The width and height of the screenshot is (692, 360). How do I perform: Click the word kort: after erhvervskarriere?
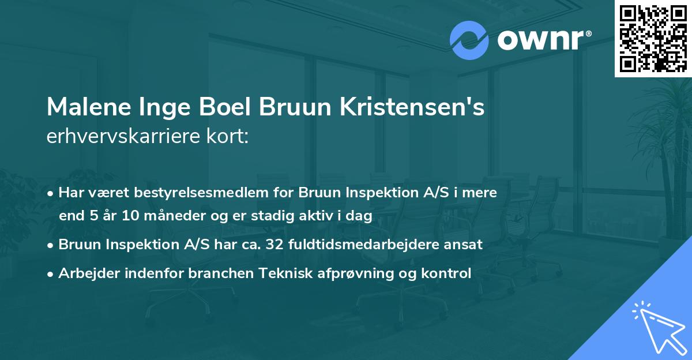pyautogui.click(x=231, y=136)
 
